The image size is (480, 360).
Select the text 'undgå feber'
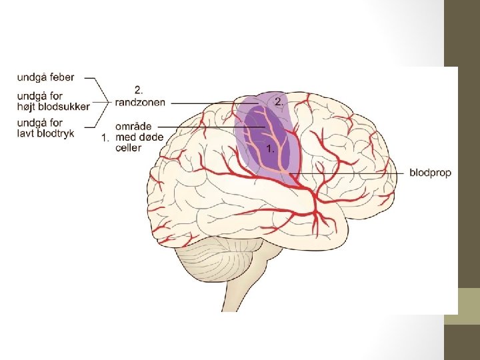[45, 77]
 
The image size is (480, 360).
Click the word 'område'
[133, 126]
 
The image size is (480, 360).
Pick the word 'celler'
[128, 147]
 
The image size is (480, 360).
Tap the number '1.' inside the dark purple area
[270, 149]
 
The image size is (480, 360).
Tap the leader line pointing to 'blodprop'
[353, 173]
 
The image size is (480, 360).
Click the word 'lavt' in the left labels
[26, 133]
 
